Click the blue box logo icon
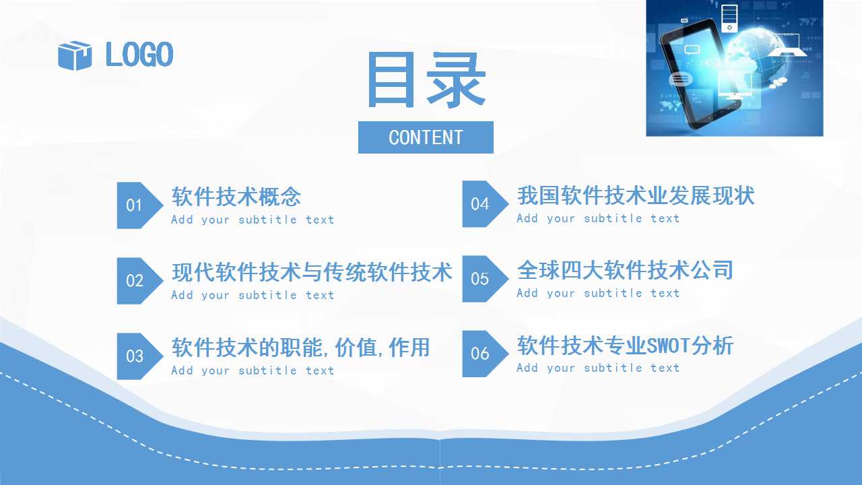75,55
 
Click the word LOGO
139,55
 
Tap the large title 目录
426,80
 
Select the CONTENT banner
426,137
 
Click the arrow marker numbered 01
139,205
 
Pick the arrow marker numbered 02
139,281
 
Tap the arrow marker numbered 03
139,356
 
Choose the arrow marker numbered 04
486,204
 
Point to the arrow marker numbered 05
486,279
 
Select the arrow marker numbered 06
486,354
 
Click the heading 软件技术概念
236,197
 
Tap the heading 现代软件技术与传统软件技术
312,272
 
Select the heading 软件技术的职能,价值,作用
300,348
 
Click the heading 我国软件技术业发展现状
636,195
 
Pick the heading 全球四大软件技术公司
626,270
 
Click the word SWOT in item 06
669,346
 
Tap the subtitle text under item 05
599,293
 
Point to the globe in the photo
758,58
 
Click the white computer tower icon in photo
729,18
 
